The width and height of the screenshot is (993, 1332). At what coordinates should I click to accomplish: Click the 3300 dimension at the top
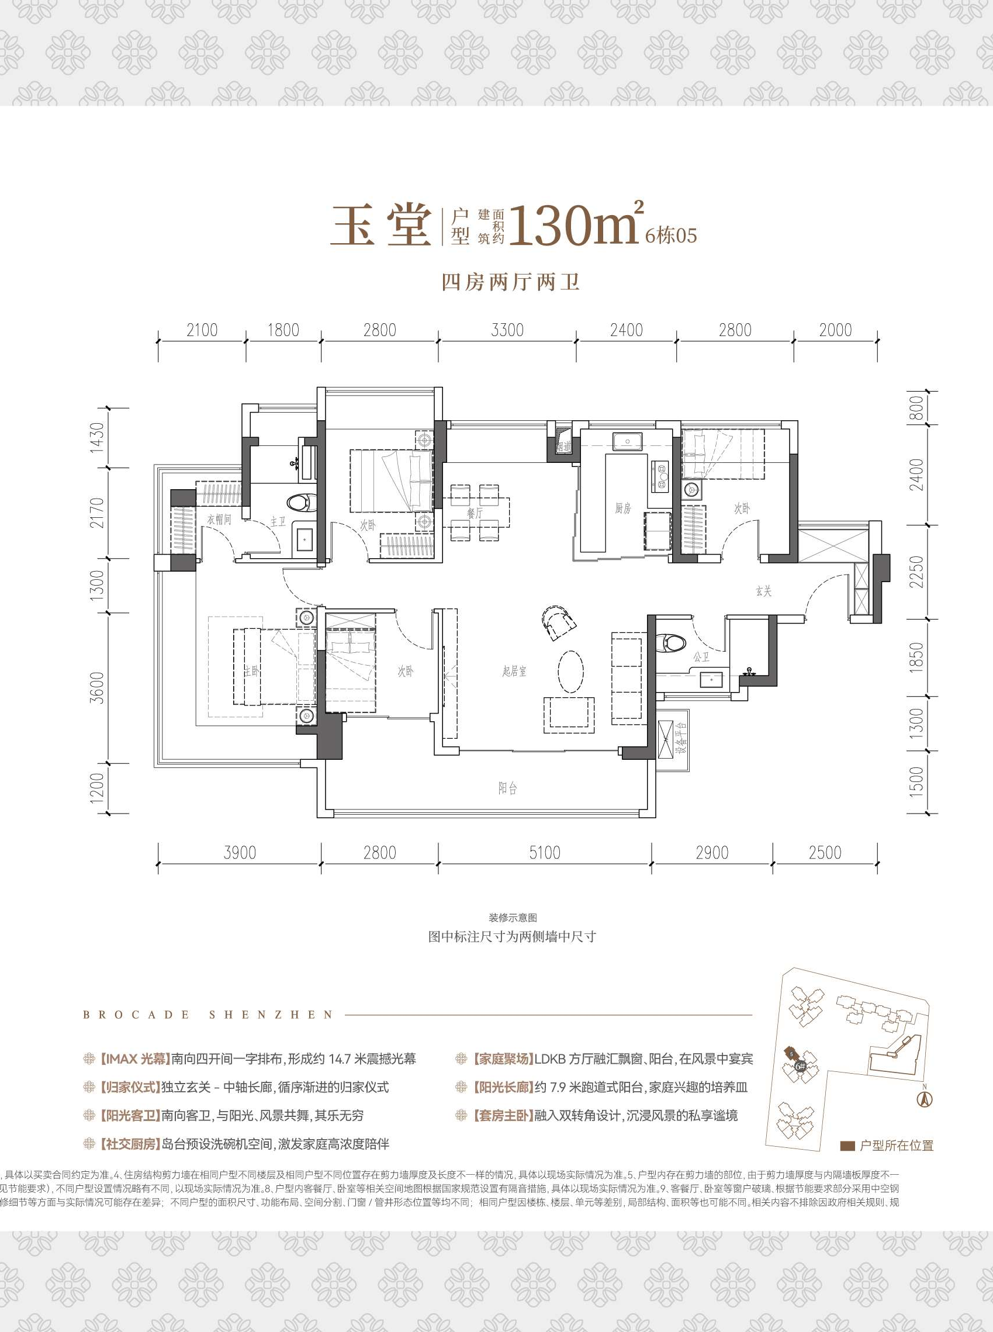(x=507, y=330)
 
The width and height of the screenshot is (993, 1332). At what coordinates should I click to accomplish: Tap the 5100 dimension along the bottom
(x=544, y=852)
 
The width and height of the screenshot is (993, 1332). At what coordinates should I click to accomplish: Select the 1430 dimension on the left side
(x=97, y=437)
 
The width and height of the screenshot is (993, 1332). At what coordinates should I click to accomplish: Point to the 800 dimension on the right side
(x=915, y=408)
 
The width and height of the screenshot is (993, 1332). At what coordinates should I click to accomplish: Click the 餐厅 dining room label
(x=475, y=513)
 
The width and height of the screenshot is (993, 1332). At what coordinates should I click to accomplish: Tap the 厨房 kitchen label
(x=622, y=508)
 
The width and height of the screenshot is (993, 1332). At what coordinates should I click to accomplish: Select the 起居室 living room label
(x=514, y=671)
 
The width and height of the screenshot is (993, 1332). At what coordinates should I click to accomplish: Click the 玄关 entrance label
(x=763, y=591)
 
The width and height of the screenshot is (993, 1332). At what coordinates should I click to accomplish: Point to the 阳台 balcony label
(x=507, y=788)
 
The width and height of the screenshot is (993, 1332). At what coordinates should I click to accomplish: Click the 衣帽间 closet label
(x=219, y=519)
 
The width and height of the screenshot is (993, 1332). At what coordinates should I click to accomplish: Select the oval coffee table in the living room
(x=570, y=671)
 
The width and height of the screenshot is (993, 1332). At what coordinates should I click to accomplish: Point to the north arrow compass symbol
(x=924, y=1099)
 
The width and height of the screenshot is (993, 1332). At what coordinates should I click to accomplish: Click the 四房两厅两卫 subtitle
(x=510, y=282)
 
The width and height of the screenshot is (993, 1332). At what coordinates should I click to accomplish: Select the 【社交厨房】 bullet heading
(x=129, y=1144)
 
